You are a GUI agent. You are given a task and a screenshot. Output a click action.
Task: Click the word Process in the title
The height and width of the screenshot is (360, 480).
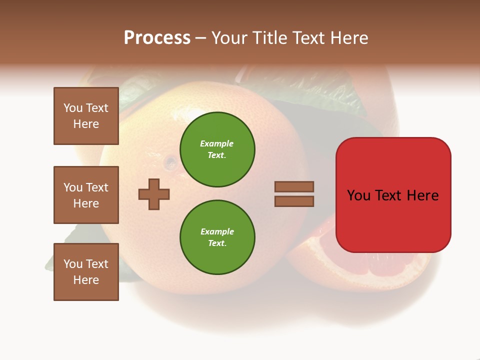tap(157, 38)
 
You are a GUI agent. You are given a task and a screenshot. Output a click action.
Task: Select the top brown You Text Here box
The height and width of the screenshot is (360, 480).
tap(86, 116)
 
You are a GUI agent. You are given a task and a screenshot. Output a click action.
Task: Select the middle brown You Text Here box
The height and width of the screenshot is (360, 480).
tap(86, 195)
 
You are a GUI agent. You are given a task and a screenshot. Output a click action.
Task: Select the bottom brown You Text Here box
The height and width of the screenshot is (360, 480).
tap(86, 272)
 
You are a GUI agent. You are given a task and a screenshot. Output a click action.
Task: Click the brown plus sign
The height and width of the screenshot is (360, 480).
tap(154, 193)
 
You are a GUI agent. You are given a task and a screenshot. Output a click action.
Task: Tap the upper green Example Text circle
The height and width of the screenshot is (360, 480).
tap(217, 149)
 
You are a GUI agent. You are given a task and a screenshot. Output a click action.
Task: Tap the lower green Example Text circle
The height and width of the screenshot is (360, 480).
tap(217, 237)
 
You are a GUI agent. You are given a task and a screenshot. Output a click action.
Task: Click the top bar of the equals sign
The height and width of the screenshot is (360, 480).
tap(294, 186)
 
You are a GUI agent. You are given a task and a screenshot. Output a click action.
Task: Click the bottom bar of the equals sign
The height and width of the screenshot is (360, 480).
tap(294, 201)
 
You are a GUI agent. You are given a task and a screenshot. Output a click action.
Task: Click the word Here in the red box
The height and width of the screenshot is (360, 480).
tap(422, 195)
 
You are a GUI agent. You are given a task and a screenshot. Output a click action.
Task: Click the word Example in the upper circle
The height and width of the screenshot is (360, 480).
tap(216, 143)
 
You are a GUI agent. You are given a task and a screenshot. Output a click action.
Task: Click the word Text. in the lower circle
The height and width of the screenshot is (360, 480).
tap(217, 243)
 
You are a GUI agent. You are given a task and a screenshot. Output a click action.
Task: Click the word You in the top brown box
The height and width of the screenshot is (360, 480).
tap(73, 108)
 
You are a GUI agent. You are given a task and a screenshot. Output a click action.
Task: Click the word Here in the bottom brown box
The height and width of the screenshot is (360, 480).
tap(86, 280)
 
